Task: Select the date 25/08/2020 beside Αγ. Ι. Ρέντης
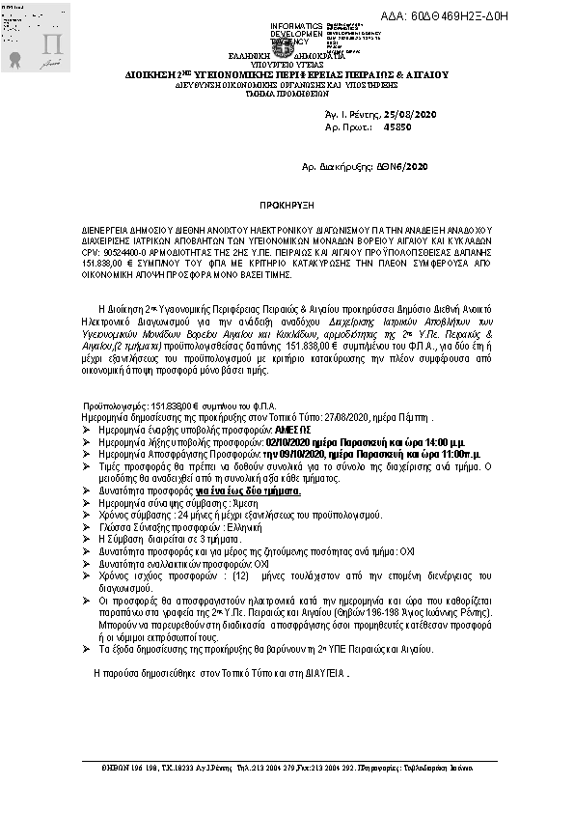pos(411,114)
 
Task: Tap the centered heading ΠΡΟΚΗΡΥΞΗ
pos(286,207)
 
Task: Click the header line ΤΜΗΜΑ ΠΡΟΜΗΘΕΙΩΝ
pos(286,92)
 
